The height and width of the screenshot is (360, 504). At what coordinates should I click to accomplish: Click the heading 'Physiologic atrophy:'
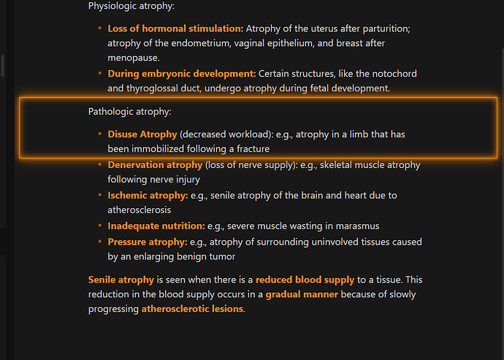pos(131,7)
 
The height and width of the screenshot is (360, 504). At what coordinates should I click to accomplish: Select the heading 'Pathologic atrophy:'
pos(130,112)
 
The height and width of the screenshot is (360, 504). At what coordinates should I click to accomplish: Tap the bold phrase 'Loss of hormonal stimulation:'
pos(175,28)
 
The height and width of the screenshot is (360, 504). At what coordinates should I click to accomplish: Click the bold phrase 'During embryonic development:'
pos(182,74)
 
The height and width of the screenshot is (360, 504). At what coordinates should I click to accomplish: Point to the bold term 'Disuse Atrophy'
pos(142,134)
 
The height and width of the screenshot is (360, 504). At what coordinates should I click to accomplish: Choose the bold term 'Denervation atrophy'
pos(155,165)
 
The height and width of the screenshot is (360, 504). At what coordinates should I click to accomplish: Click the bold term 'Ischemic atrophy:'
pos(148,196)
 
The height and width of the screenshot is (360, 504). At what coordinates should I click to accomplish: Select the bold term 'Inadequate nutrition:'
pos(156,226)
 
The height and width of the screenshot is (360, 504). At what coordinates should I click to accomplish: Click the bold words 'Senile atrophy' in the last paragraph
pos(121,280)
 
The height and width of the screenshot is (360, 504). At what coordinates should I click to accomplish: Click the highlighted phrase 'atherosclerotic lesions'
pos(192,309)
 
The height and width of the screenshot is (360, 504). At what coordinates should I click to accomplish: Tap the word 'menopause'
pos(133,58)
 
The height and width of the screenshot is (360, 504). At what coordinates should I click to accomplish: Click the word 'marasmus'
pos(357,226)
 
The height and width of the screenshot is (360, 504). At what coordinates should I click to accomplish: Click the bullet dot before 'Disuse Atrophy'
pos(100,134)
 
